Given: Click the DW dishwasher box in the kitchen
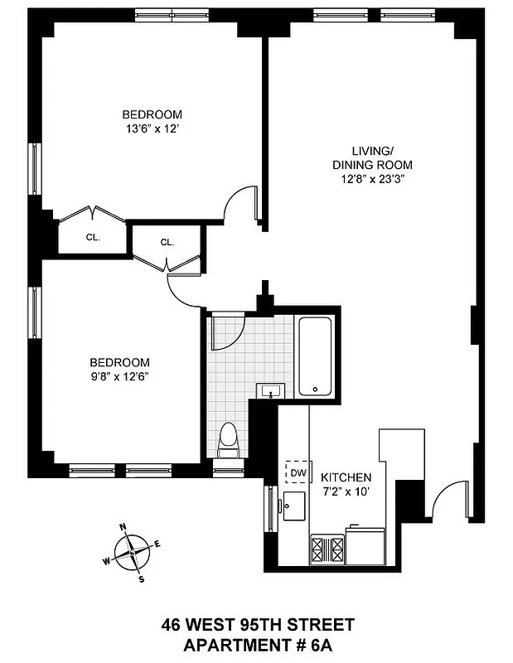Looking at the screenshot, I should click(x=298, y=472).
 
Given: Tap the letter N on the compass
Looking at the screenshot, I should click(x=123, y=527).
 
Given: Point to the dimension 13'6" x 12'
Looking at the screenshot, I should click(x=152, y=128).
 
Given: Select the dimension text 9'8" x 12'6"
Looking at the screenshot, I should click(x=120, y=376).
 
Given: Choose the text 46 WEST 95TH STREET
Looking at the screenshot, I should click(x=256, y=624).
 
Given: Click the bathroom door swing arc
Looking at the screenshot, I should click(x=226, y=331).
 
